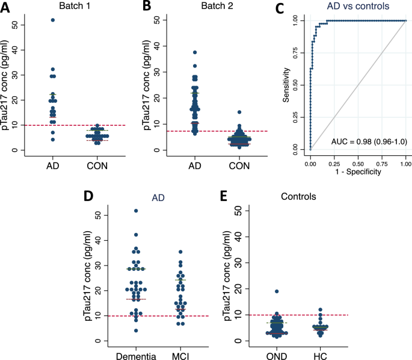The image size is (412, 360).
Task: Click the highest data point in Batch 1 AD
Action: tap(53, 20)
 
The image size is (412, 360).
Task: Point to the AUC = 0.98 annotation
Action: tap(365, 141)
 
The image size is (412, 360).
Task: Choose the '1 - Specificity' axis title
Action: tap(358, 170)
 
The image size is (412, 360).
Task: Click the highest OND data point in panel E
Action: tap(277, 292)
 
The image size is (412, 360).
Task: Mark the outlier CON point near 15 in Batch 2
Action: tap(239, 113)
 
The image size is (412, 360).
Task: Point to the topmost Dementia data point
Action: tap(136, 211)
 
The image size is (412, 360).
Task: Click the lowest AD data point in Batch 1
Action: tap(53, 140)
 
